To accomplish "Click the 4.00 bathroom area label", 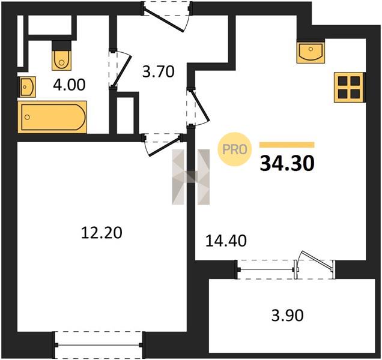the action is [x=70, y=85].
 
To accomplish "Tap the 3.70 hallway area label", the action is [x=159, y=72].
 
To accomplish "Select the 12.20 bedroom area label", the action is [x=102, y=233].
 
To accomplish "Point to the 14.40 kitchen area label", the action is [x=226, y=241].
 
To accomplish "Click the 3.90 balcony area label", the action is [x=288, y=316].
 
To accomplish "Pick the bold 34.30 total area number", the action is [x=287, y=163].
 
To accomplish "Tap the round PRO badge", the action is [x=235, y=149].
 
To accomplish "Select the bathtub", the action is [x=52, y=118].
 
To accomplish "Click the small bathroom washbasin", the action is [x=27, y=87].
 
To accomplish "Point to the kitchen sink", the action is [x=311, y=51].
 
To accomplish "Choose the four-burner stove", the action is [x=350, y=87].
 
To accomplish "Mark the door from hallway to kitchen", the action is [x=199, y=107].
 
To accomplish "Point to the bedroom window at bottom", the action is [x=99, y=344].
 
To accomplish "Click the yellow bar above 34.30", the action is [x=287, y=145].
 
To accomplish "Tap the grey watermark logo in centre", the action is [x=191, y=177].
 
